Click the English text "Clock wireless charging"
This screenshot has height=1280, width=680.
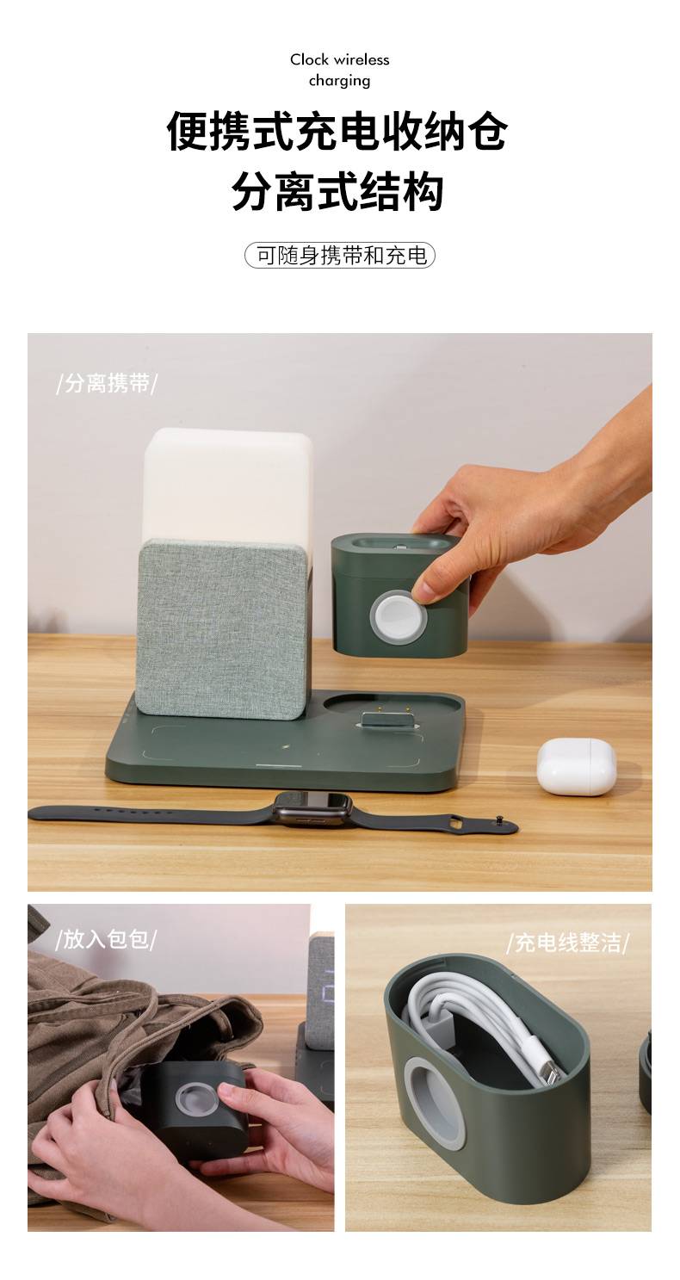click(x=339, y=70)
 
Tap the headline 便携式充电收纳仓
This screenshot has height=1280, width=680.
click(x=337, y=131)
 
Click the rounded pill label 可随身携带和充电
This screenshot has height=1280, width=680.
click(x=340, y=256)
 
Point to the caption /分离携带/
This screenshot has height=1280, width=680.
click(x=106, y=383)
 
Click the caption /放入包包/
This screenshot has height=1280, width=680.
click(x=106, y=940)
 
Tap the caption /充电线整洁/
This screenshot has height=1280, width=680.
click(x=567, y=943)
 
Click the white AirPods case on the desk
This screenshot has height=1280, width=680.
click(x=576, y=767)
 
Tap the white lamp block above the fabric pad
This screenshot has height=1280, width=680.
click(x=227, y=485)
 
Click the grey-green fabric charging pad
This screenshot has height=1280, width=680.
click(x=222, y=628)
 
